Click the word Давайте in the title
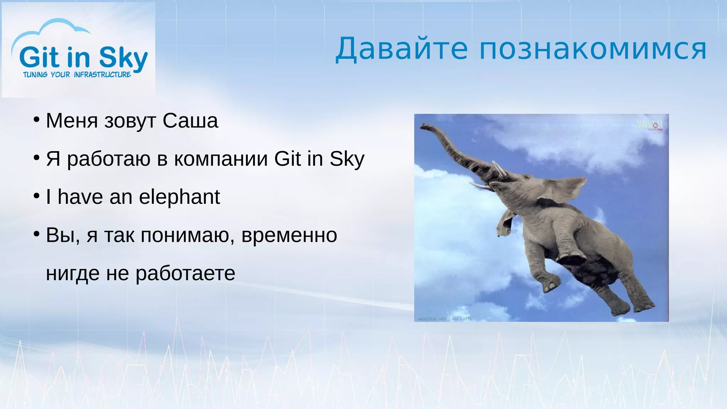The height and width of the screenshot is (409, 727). click(401, 49)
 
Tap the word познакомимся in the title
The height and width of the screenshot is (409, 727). click(593, 49)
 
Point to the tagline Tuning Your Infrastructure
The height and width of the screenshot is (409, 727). click(77, 75)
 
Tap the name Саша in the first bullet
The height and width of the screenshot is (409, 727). click(190, 121)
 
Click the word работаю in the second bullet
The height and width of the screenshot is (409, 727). click(109, 159)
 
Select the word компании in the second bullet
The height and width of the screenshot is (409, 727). click(221, 159)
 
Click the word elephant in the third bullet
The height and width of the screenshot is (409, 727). click(179, 197)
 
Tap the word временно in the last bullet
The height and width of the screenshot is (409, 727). click(289, 235)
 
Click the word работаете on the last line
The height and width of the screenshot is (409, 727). click(185, 273)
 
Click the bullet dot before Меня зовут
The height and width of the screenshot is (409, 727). click(37, 120)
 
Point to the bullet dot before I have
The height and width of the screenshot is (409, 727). click(37, 196)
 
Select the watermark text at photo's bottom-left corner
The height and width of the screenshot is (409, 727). click(444, 319)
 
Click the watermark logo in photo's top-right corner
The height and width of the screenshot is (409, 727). click(650, 125)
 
